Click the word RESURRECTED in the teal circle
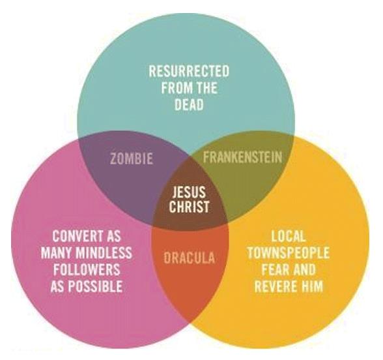pyautogui.click(x=189, y=71)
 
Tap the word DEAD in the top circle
pyautogui.click(x=189, y=104)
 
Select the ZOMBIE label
pyautogui.click(x=132, y=158)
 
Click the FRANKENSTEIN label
pyautogui.click(x=242, y=157)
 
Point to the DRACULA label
pyautogui.click(x=190, y=258)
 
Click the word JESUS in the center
pyautogui.click(x=189, y=192)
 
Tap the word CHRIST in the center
pyautogui.click(x=190, y=206)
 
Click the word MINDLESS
pyautogui.click(x=104, y=252)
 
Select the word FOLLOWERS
pyautogui.click(x=87, y=269)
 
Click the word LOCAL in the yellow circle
pyautogui.click(x=288, y=236)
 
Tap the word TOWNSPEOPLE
pyautogui.click(x=288, y=252)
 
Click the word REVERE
pyautogui.click(x=276, y=286)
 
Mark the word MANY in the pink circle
pyautogui.click(x=56, y=252)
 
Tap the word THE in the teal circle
pyautogui.click(x=206, y=88)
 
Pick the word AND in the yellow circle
pyautogui.click(x=303, y=269)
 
